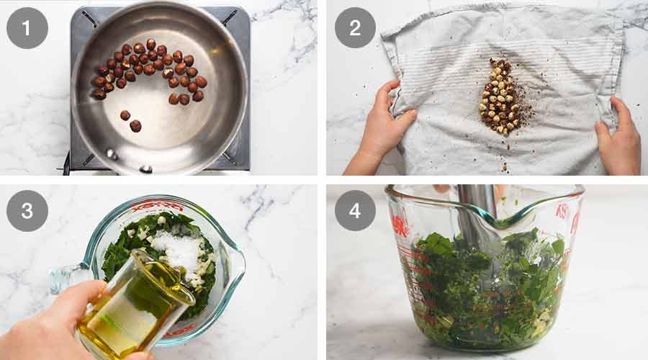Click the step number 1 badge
27,27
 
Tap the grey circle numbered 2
355,27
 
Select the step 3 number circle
27,210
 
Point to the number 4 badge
355,210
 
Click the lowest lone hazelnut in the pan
135,126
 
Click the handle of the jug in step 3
68,277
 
